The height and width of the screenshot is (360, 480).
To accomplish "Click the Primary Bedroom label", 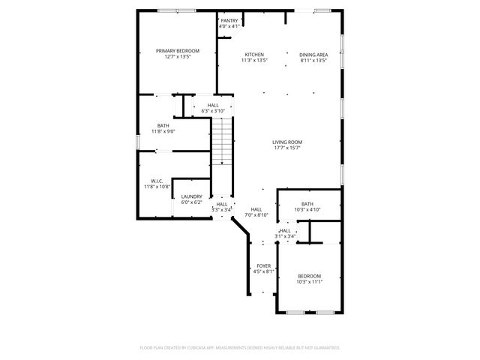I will pyautogui.click(x=178, y=50).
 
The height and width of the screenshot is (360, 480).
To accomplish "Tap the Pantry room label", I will pyautogui.click(x=229, y=21).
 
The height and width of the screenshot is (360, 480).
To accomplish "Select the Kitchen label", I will pyautogui.click(x=254, y=55).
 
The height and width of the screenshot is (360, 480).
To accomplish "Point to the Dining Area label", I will pyautogui.click(x=313, y=55).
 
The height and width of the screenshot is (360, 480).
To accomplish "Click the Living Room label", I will pyautogui.click(x=286, y=142).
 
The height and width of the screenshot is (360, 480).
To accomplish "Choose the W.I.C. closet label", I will pyautogui.click(x=157, y=181).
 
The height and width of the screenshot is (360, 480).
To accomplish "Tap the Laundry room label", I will pyautogui.click(x=191, y=196).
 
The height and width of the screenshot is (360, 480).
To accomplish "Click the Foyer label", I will pyautogui.click(x=263, y=266).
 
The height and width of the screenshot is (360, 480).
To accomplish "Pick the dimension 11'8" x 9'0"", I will pyautogui.click(x=163, y=131).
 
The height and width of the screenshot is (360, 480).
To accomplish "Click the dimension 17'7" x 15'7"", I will pyautogui.click(x=286, y=148).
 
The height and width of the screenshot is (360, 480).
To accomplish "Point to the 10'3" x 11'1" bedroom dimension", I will pyautogui.click(x=308, y=282).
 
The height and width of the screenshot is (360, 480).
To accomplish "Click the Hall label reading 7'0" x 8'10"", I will pyautogui.click(x=256, y=209).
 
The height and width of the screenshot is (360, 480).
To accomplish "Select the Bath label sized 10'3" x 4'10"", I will pyautogui.click(x=307, y=204).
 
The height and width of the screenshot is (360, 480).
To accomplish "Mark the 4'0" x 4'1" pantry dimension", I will pyautogui.click(x=229, y=27).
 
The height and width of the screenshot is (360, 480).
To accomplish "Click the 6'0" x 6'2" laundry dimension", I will pyautogui.click(x=191, y=202).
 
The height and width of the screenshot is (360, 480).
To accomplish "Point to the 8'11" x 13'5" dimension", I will pyautogui.click(x=313, y=61).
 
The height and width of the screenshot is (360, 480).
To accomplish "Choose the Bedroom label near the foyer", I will pyautogui.click(x=308, y=276).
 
